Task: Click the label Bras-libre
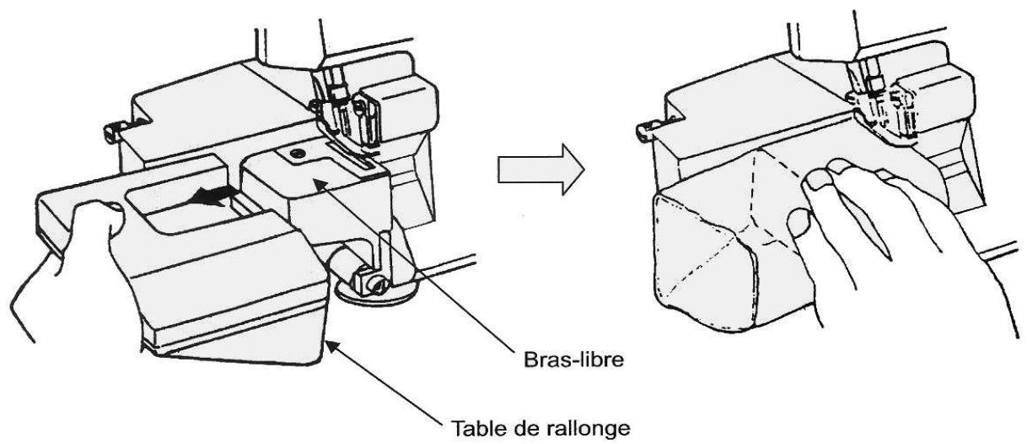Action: click(x=573, y=360)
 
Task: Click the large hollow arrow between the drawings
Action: click(x=541, y=170)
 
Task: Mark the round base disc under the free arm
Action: click(x=375, y=294)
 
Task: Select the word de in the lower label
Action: click(x=525, y=429)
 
